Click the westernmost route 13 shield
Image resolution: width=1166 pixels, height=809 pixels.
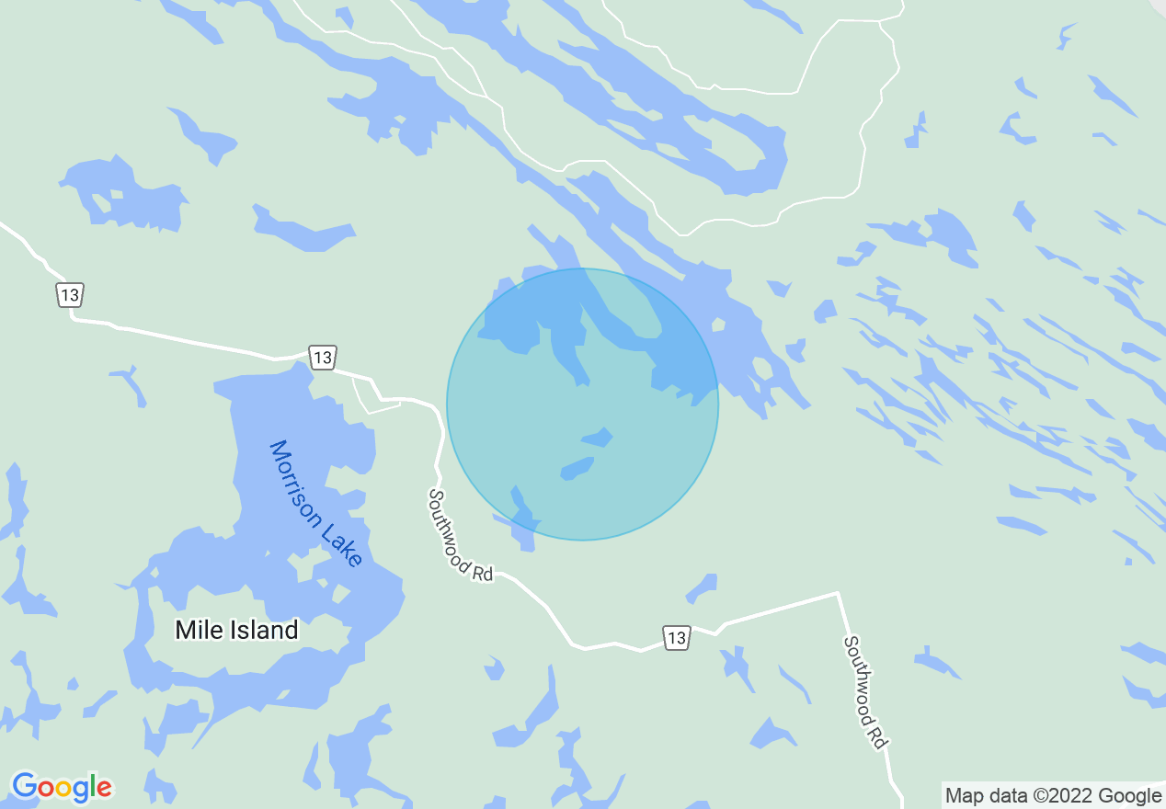coord(70,295)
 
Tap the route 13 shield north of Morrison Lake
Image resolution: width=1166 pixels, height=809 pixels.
coord(322,357)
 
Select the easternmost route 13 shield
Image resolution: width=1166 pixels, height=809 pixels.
coord(676,636)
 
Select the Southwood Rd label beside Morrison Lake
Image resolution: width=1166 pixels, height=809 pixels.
coord(460,534)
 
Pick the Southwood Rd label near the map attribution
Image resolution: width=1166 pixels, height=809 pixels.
coord(865,691)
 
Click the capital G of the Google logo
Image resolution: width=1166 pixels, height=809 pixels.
coord(25,787)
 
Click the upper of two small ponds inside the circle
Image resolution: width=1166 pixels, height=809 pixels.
coord(597,437)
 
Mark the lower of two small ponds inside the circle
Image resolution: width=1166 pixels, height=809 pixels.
coord(577,469)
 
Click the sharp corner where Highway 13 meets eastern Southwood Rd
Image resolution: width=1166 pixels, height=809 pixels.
coord(837,594)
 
